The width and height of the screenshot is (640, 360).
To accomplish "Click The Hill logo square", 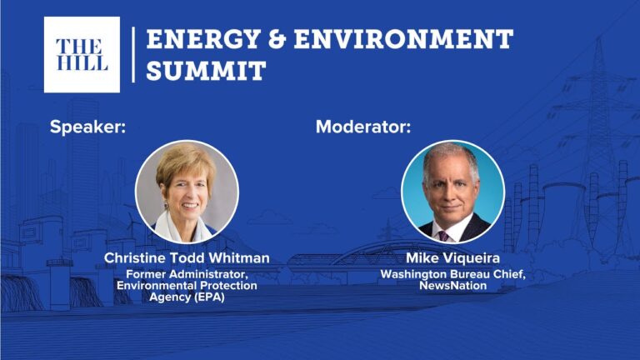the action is point(82,55).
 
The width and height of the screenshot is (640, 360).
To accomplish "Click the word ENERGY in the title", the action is point(203,39).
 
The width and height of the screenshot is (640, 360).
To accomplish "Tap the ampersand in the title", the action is point(277,39).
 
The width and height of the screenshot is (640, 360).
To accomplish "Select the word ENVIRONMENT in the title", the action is point(403,39).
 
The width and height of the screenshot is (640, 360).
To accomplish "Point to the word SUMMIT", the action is point(206,70).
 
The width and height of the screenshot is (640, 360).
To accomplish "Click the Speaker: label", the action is point(87,127).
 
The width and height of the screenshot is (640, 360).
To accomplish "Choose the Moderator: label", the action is point(363,127).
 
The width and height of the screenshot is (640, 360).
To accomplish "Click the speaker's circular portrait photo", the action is point(187,192).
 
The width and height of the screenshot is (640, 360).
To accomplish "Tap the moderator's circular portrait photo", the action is point(452,192).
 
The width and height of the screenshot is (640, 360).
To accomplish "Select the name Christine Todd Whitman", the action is point(187,258).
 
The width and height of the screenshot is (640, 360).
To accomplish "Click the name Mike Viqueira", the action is point(452,258).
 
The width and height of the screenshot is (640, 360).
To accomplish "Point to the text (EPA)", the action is point(209,297).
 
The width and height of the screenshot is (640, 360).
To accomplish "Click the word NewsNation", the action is point(452,285).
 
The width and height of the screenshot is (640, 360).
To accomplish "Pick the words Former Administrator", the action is point(187,274).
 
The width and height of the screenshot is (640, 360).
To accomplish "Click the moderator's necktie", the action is point(442,236).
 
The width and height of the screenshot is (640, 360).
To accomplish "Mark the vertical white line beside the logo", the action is point(133,55).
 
